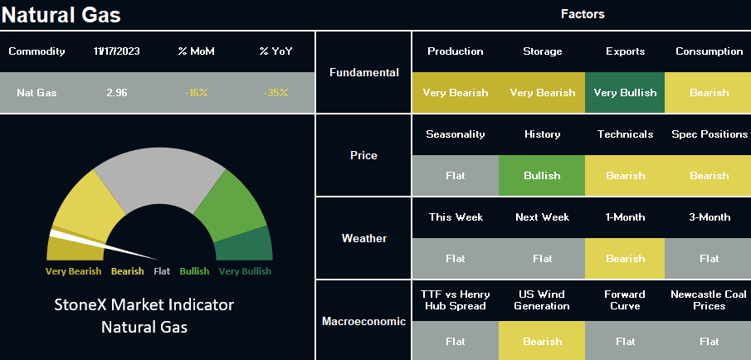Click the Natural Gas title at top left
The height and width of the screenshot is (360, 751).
click(x=61, y=14)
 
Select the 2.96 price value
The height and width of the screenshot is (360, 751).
click(x=117, y=93)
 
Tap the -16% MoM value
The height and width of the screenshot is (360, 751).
click(x=196, y=93)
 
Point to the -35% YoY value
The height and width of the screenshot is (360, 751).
click(x=276, y=93)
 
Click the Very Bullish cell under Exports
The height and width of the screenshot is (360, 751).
click(x=625, y=93)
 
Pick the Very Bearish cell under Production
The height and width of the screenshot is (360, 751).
click(x=456, y=93)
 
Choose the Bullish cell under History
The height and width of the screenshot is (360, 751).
click(x=542, y=176)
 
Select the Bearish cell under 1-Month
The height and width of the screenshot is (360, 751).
click(x=625, y=259)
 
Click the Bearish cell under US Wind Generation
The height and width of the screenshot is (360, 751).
click(x=542, y=341)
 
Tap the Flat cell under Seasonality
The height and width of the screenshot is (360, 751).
click(x=456, y=176)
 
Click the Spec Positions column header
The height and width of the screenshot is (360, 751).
click(x=710, y=134)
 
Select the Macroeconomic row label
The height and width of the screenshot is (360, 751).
click(x=364, y=321)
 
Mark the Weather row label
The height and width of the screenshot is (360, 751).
click(x=364, y=238)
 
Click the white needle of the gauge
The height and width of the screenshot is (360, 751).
click(x=104, y=245)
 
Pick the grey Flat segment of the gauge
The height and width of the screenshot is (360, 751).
click(x=159, y=178)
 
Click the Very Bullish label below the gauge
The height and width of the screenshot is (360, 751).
click(x=245, y=271)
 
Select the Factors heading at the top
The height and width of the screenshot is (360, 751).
click(x=583, y=14)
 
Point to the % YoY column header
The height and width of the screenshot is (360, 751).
click(x=276, y=51)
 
